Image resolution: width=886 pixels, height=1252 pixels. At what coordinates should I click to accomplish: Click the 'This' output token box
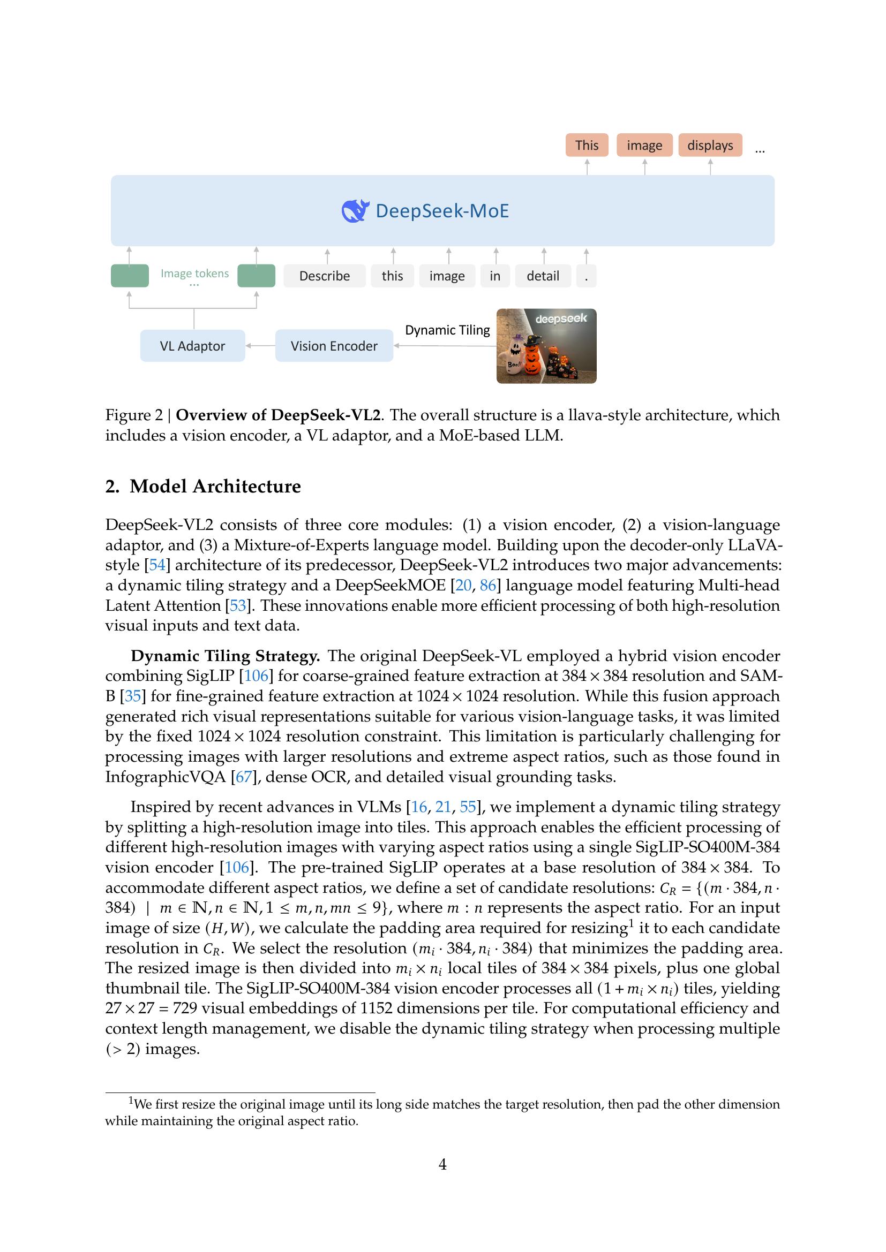587,145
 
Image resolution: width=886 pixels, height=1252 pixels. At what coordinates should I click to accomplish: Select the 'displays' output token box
710,145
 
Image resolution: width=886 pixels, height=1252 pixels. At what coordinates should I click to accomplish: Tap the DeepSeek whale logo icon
355,210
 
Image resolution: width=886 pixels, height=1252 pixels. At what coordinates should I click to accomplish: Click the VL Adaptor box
192,346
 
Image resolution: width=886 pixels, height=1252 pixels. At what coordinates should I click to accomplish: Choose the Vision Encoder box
334,346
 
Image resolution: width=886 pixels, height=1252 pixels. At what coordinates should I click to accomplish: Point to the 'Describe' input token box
324,276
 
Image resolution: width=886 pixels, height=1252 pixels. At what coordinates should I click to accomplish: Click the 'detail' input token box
542,276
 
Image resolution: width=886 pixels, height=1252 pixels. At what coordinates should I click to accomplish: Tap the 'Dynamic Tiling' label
447,330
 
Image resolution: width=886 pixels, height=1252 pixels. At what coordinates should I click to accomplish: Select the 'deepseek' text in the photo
561,318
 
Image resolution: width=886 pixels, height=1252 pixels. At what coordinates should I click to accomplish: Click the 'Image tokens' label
194,273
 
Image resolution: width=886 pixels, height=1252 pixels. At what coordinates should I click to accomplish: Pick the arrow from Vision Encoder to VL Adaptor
260,346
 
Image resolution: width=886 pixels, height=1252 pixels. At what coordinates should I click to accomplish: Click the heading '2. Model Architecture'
203,486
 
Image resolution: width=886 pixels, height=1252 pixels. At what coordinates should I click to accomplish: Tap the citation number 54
157,565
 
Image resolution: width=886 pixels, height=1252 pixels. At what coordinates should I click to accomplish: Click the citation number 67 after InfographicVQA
243,777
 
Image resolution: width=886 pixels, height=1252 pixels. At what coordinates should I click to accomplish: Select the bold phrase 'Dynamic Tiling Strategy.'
225,656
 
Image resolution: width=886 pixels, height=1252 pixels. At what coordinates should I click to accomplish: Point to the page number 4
442,1164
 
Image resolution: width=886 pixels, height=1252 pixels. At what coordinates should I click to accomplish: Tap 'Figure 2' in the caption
134,415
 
